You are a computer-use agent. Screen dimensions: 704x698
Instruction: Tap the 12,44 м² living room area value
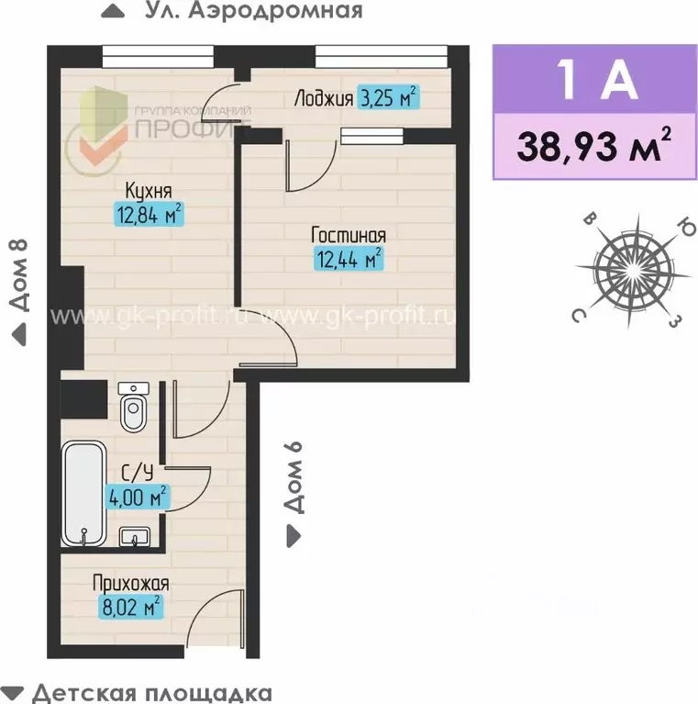[348, 259]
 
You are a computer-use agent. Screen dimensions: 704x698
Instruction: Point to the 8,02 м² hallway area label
[130, 605]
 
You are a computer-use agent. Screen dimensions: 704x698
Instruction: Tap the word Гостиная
[348, 236]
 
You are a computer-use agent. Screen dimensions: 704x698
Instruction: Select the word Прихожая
[130, 582]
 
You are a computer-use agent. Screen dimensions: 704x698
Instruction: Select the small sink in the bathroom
[135, 536]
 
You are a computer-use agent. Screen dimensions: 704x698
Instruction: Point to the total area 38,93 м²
[593, 147]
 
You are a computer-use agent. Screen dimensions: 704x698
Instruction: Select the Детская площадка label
[150, 691]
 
